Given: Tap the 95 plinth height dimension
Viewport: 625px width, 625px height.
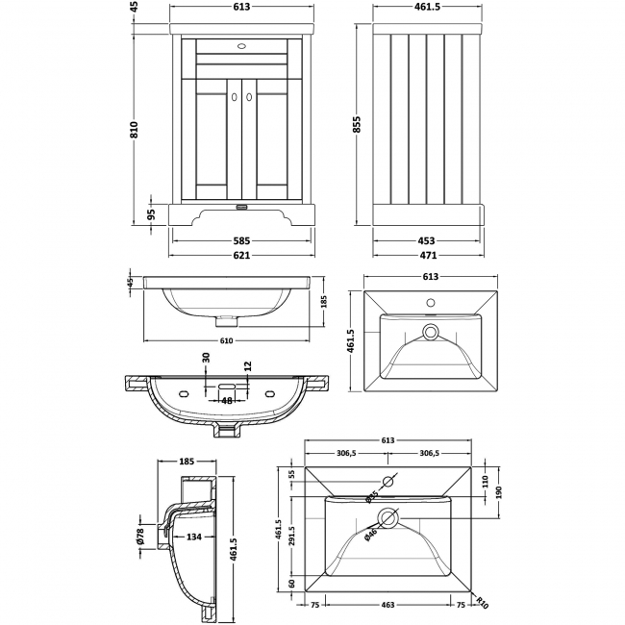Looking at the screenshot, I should [151, 214].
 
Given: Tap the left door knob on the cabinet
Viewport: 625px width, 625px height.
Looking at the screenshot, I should [233, 95].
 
